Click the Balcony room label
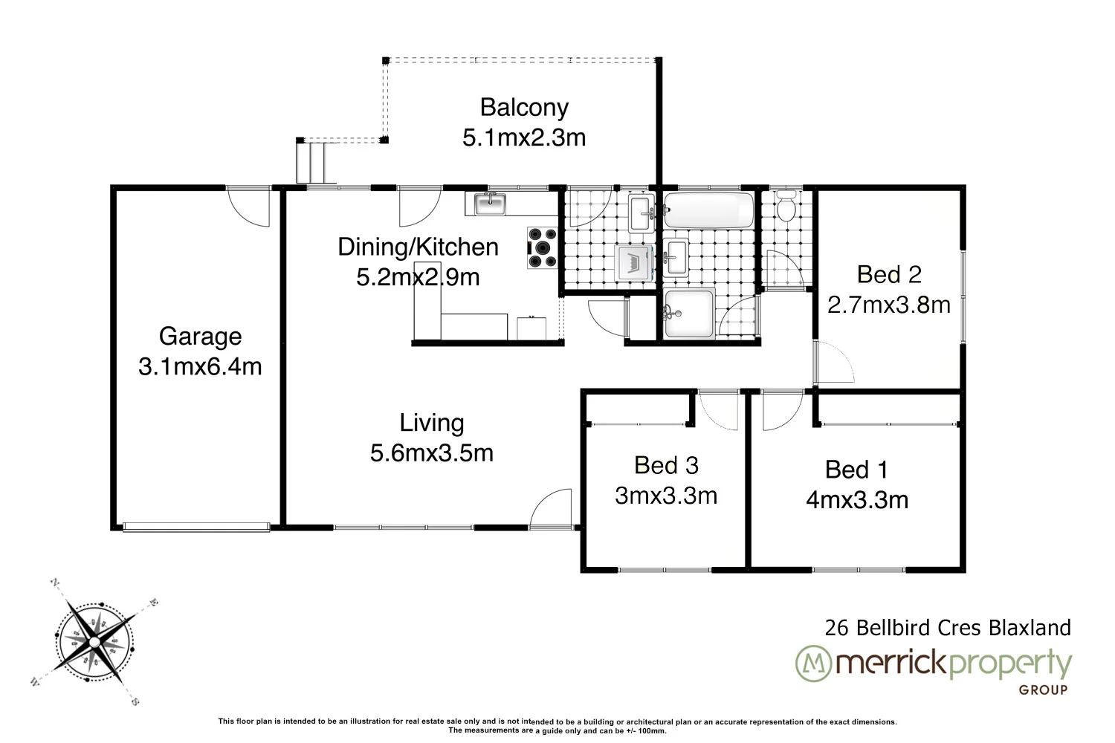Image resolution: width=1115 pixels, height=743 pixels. pos(524,108)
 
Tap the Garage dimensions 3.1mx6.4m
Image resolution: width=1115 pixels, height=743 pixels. pos(200,367)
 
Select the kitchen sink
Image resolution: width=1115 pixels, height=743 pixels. pos(488,203)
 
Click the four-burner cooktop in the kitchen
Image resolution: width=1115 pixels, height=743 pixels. pos(542,247)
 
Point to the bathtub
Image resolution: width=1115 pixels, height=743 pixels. pos(708,210)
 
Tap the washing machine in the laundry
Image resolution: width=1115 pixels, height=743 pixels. pos(636,263)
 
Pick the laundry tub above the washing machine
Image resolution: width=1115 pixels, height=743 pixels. pos(640,213)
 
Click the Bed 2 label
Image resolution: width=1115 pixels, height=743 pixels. pos(889,275)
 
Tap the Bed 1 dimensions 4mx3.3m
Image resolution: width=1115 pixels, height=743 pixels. pos(857,500)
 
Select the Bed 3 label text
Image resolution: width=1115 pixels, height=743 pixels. pos(666,466)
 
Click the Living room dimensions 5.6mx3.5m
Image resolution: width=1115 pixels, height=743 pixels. pos(432,452)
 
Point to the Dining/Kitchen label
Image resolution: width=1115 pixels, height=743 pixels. pos(418,247)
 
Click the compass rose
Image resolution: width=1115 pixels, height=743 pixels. pos(94,640)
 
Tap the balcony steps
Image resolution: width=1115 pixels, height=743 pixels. pos(314,162)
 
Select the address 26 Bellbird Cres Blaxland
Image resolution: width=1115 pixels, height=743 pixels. pos(948,628)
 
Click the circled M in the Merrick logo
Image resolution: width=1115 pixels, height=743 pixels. pos(812,663)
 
